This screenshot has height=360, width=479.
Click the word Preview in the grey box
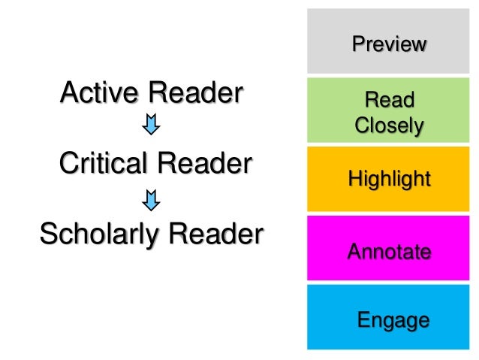coord(389,44)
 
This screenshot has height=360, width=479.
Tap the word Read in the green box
coord(389,99)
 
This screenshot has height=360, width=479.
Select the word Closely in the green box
coord(389,126)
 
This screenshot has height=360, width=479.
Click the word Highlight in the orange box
coord(389,179)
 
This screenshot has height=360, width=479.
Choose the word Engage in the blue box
coord(393,321)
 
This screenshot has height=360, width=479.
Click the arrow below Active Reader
coord(151,125)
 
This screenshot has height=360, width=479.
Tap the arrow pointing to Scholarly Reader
coord(151,199)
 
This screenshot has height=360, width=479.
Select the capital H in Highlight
coord(354,179)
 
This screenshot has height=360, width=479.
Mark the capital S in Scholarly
coord(49,234)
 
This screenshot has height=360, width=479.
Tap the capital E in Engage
coord(363,320)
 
